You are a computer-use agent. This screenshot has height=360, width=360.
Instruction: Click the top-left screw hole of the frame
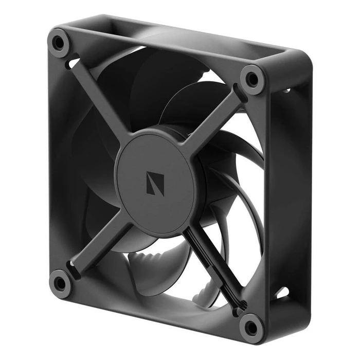coord(59,41)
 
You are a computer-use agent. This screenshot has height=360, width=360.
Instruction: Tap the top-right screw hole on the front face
coord(252,79)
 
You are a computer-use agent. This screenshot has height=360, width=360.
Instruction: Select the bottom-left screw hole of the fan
coord(60,282)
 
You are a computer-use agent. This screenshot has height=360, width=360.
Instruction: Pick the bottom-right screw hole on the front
coord(251,326)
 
